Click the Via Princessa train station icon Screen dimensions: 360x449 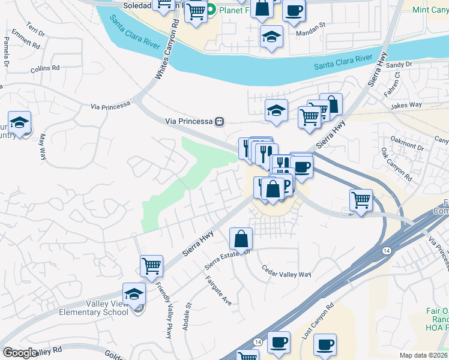pyautogui.click(x=220, y=121)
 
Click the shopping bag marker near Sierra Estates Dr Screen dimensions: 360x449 pyautogui.click(x=241, y=238)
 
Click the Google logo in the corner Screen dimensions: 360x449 pyautogui.click(x=20, y=353)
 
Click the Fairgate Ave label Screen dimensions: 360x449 pyautogui.click(x=218, y=290)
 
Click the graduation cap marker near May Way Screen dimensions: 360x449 pyautogui.click(x=20, y=123)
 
